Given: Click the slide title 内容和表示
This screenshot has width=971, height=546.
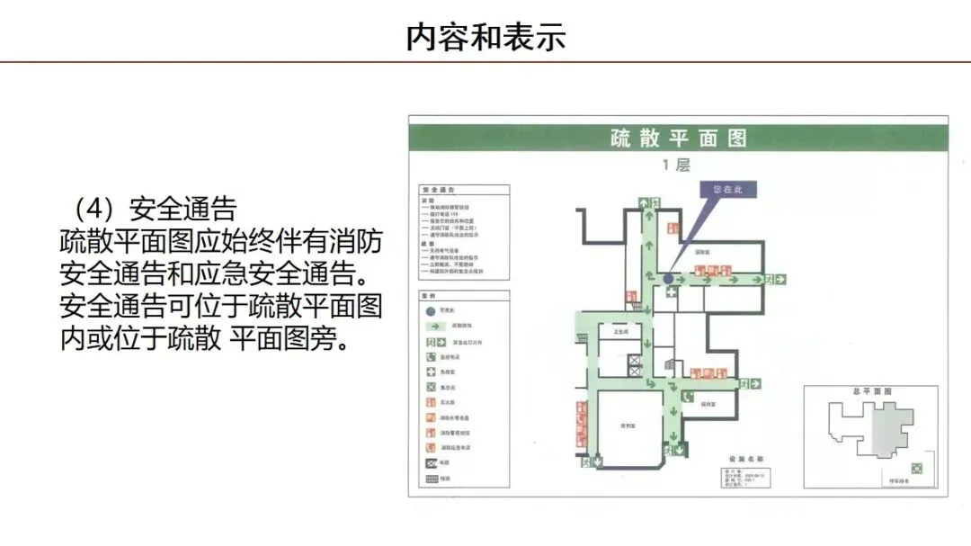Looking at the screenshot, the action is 485,38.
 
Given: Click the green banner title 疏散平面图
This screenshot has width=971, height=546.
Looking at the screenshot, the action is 678,138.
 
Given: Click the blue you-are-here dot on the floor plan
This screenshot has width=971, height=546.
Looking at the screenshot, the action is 668,280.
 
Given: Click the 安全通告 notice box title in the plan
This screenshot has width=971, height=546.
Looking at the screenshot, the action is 438,192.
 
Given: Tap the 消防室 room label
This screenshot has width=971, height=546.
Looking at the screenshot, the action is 704,253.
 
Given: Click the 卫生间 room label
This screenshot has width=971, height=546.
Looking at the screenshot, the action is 620,331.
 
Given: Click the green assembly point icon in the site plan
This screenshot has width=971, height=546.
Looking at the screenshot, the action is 917,468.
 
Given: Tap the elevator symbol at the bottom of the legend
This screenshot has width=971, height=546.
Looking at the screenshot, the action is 431,462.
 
